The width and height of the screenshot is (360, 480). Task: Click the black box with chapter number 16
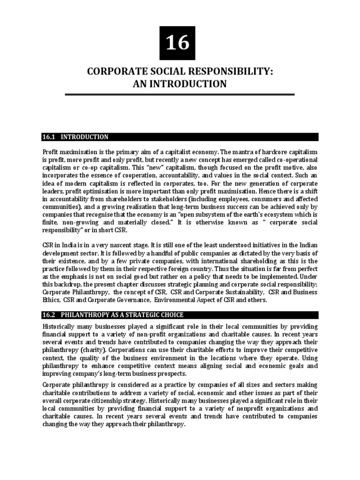point(177,43)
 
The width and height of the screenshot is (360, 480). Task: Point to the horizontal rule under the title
point(180,94)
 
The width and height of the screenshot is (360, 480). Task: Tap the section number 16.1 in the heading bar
point(49,137)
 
